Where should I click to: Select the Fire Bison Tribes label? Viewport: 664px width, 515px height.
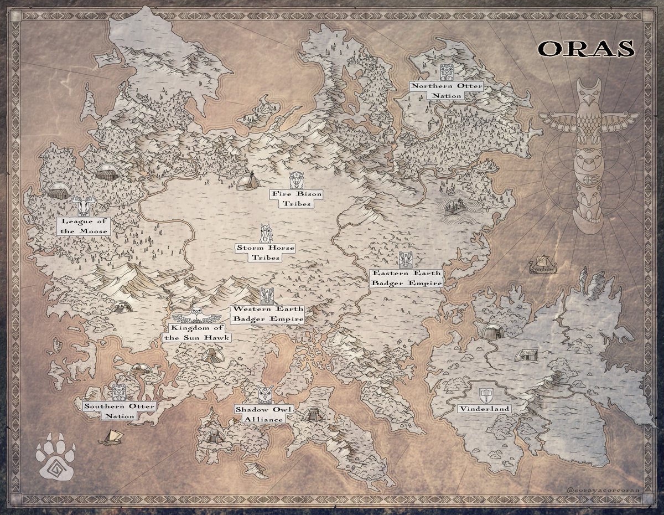coord(296,199)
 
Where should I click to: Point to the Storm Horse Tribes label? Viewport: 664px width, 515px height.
coord(265,253)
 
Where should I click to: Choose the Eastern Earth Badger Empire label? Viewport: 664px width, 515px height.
coord(406,278)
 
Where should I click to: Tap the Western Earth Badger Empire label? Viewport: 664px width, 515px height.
coord(268,314)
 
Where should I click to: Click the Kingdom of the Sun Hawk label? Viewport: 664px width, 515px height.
coord(196,333)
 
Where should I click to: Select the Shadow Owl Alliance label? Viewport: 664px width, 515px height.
coord(264,414)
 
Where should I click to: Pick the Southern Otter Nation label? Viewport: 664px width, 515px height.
coord(120,411)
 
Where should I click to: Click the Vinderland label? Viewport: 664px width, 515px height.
coord(484,409)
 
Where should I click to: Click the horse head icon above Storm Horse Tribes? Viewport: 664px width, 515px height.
coord(266,234)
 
